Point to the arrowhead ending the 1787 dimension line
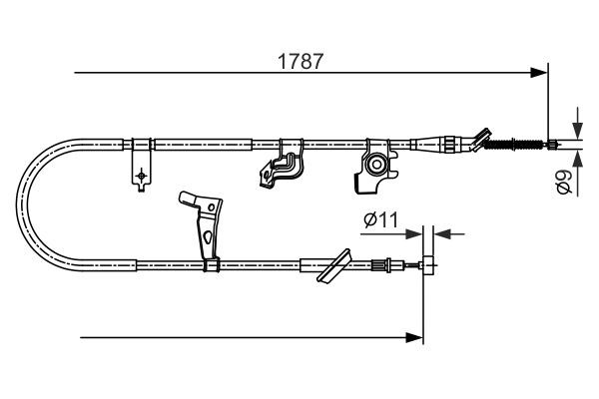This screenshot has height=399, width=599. [x=540, y=72]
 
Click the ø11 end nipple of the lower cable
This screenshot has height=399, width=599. [x=427, y=265]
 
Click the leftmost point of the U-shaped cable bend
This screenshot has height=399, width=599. [x=23, y=204]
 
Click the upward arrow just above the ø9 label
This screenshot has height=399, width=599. [x=576, y=159]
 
